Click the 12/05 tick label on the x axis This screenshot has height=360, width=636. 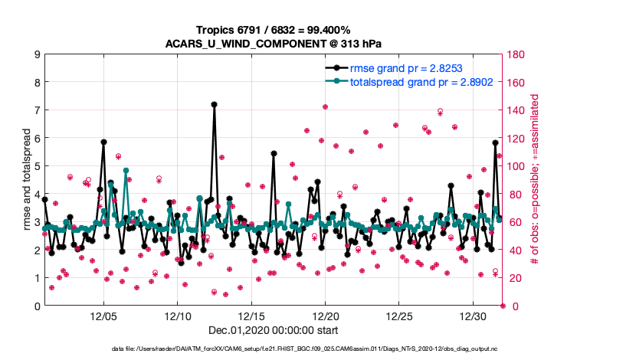pos(103,316)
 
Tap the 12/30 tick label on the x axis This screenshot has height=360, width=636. pos(473,316)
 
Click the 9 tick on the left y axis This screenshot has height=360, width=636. pos(37,54)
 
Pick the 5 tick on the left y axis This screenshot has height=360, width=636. pos(37,166)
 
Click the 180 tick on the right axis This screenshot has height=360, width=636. pos(515,54)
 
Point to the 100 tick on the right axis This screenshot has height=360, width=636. pos(515,166)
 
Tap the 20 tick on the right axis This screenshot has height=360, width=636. pos(512,278)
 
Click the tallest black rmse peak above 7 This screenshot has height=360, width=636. pos(214,104)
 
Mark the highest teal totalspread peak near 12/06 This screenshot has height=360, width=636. pos(126,170)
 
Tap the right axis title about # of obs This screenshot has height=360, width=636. pos(535,180)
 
